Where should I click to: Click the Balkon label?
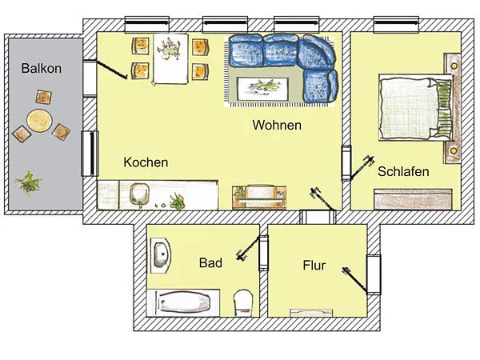[42, 68]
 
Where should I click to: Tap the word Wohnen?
[277, 126]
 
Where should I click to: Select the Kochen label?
[146, 162]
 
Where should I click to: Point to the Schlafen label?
[403, 171]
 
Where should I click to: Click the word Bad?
[210, 262]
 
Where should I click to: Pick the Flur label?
[314, 265]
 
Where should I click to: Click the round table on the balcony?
[39, 121]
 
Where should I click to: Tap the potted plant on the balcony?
[28, 183]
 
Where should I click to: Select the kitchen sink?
[139, 194]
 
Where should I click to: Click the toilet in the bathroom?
[243, 302]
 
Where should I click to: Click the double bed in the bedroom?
[415, 107]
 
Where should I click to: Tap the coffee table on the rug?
[263, 89]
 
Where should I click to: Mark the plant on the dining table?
[169, 49]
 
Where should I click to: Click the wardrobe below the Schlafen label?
[413, 199]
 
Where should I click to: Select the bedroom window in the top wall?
[396, 25]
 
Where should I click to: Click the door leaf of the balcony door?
[112, 70]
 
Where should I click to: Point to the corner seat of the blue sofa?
[317, 52]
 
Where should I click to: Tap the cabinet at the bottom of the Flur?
[311, 313]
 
